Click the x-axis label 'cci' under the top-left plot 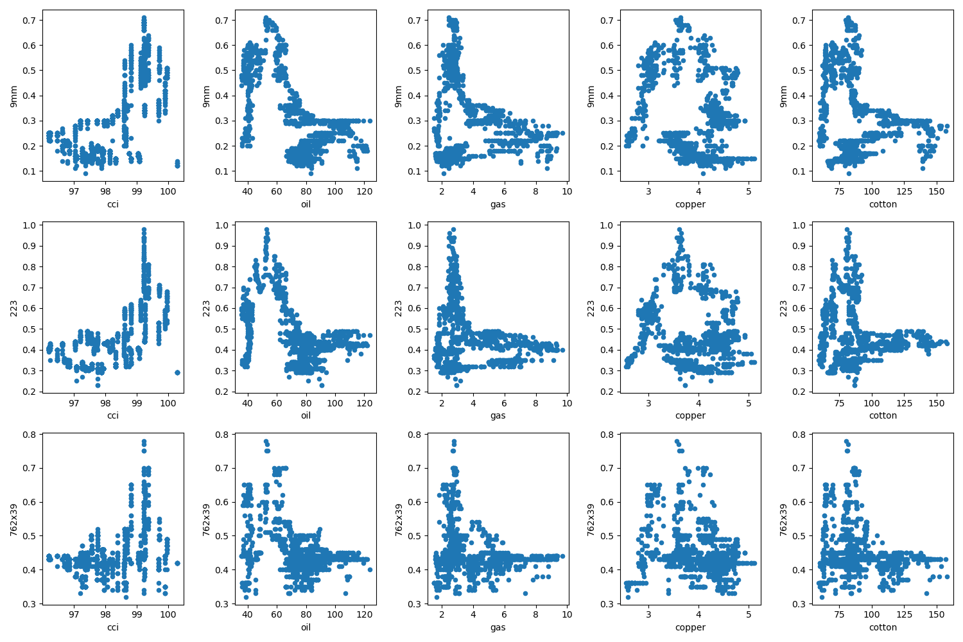click(x=113, y=204)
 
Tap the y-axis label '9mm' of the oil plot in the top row click(x=206, y=96)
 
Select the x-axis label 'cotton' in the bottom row click(x=883, y=627)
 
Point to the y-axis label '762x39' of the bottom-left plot click(x=13, y=519)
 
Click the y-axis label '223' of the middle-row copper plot click(x=591, y=308)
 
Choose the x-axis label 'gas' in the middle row click(x=498, y=415)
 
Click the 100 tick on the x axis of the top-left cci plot click(x=168, y=191)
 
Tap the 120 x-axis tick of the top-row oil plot click(x=364, y=191)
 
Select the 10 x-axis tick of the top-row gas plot click(x=567, y=191)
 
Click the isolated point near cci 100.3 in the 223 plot click(x=177, y=372)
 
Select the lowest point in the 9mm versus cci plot click(x=85, y=173)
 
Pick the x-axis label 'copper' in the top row click(x=690, y=204)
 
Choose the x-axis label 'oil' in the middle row click(x=306, y=415)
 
